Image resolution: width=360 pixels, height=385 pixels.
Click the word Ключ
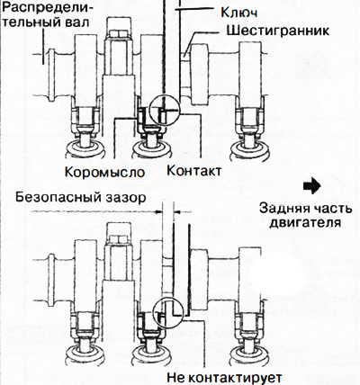239,13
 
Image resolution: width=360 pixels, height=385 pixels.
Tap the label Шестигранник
278,31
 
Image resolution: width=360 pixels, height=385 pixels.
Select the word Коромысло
105,172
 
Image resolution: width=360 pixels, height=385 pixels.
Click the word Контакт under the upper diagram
194,171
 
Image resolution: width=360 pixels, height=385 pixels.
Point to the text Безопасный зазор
81,198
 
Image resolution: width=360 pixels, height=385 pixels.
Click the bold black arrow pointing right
312,186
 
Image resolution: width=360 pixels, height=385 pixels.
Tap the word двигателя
305,223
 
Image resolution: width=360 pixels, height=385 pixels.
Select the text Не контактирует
224,377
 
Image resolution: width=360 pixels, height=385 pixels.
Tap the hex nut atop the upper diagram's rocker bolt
119,33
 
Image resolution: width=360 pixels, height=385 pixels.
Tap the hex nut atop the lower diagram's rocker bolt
119,239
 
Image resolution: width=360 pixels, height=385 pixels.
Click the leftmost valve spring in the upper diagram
85,150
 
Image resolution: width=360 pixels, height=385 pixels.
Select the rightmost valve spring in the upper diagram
251,151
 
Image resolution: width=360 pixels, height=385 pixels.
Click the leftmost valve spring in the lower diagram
85,355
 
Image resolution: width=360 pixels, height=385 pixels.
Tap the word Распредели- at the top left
48,9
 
